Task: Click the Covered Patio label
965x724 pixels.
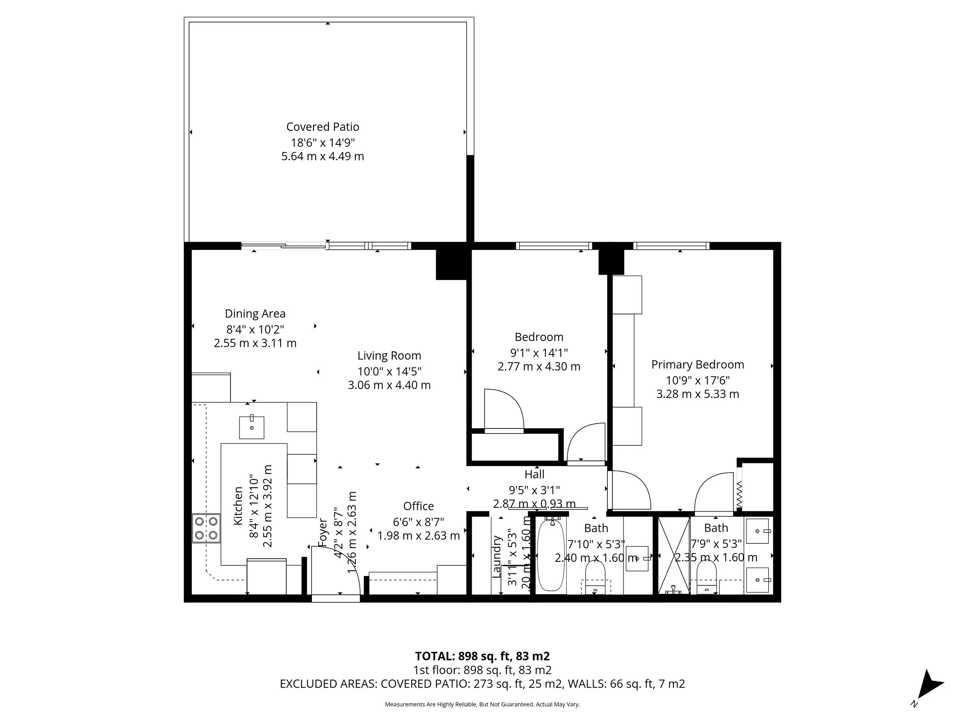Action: coord(322,127)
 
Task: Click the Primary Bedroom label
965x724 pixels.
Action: coord(697,365)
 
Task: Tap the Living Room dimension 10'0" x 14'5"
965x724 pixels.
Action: coord(389,371)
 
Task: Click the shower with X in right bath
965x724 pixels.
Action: coord(674,555)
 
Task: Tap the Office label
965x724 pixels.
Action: coord(418,506)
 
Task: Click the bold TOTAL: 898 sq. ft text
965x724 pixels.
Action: coord(482,656)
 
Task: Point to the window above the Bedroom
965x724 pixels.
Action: coord(554,246)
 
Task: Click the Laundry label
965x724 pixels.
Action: coord(496,556)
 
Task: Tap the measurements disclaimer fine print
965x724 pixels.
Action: coord(482,704)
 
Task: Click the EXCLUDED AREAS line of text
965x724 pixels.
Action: coord(482,684)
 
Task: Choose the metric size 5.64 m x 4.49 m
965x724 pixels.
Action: coord(322,156)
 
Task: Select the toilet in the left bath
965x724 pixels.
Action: coord(595,576)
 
